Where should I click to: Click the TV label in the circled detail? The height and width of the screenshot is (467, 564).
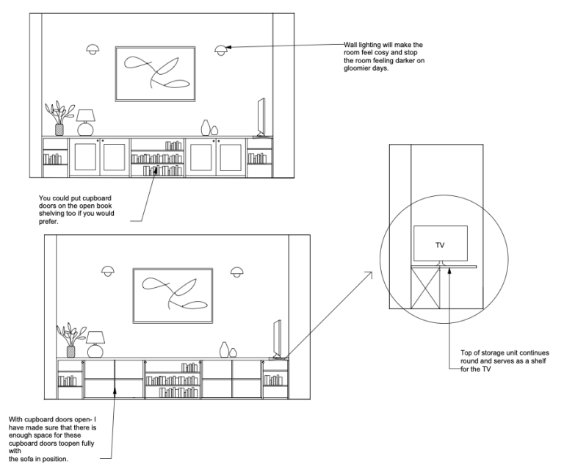tap(440, 245)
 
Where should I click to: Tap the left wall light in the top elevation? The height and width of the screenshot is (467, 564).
tap(93, 49)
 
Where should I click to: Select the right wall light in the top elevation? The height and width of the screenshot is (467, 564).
tap(221, 50)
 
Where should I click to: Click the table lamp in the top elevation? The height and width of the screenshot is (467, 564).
tap(86, 123)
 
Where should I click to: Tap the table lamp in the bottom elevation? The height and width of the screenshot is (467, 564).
tap(95, 344)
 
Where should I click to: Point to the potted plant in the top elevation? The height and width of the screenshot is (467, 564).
tap(59, 118)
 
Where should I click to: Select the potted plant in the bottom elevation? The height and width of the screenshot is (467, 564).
tap(71, 340)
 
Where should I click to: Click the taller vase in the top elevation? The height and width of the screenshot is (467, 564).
tap(206, 127)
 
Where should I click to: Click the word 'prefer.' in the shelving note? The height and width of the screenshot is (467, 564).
tap(48, 222)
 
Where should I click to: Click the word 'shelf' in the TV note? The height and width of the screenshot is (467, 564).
tap(539, 361)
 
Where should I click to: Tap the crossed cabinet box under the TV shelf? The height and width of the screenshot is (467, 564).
tap(425, 288)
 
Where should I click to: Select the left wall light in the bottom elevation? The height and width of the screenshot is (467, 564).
tap(108, 271)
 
